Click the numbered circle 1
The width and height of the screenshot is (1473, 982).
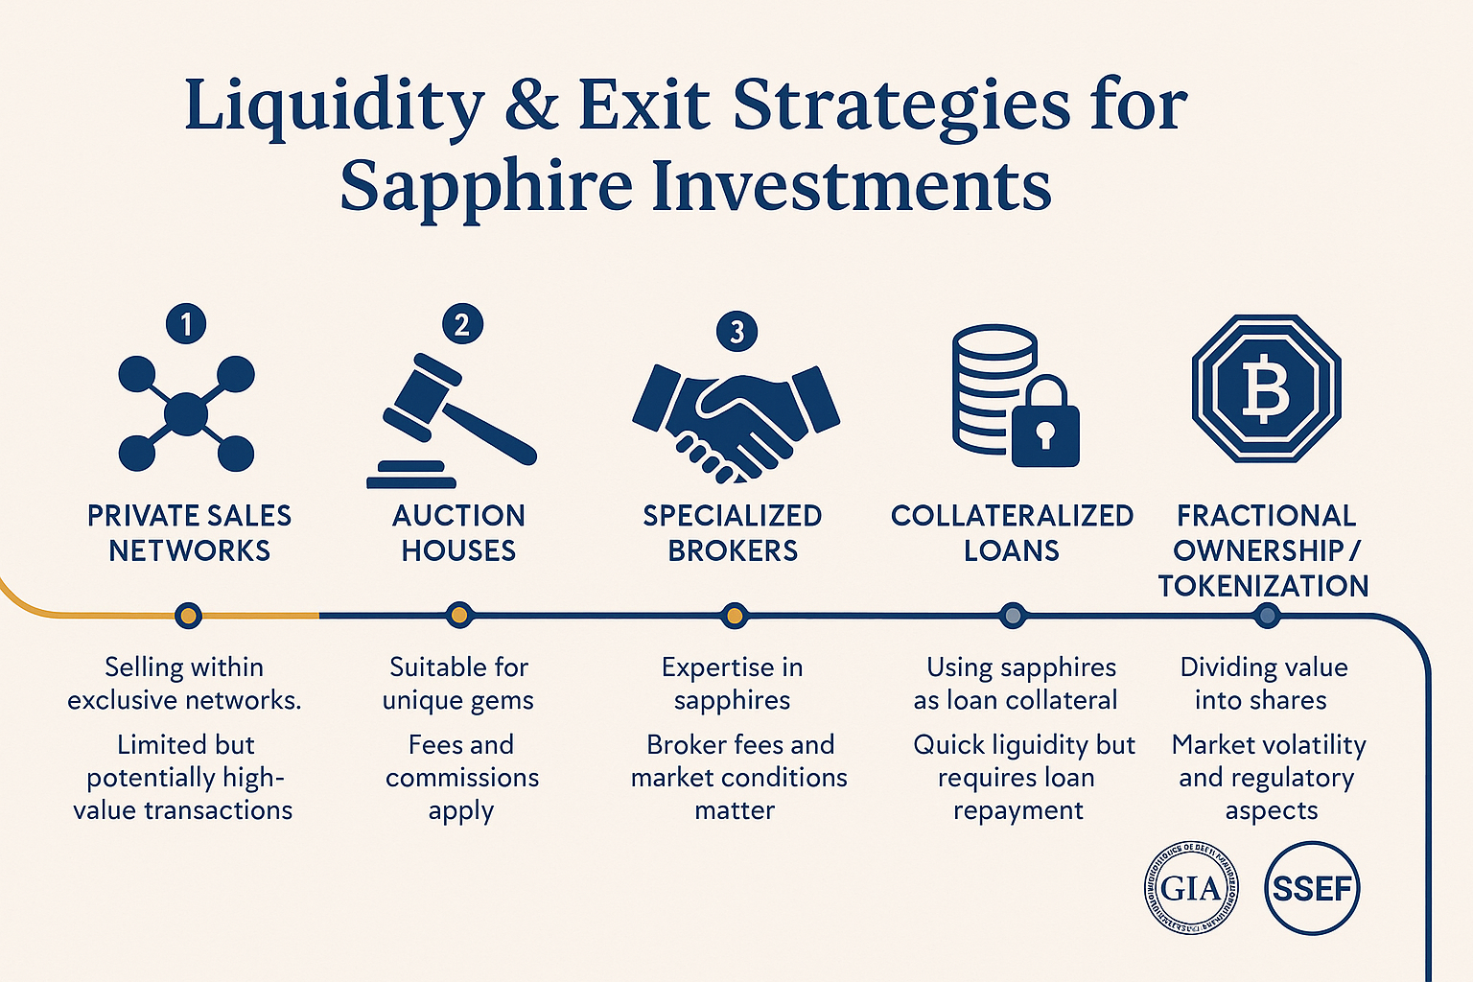pos(186,324)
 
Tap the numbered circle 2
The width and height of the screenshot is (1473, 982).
pos(462,324)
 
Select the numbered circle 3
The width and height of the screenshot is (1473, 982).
pos(736,332)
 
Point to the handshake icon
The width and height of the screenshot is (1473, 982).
pos(736,420)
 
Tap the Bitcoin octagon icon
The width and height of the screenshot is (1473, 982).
pos(1266,388)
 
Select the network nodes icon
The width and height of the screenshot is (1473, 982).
pos(186,414)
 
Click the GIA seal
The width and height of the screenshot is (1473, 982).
pos(1191,888)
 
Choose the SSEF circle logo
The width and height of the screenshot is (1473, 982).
pos(1312,888)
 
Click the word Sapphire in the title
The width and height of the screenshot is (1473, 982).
pos(485,186)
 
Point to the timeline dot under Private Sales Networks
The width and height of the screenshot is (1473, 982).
pos(189,616)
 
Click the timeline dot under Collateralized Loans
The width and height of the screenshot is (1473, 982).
pos(1012,616)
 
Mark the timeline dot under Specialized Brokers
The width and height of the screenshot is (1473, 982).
pos(735,616)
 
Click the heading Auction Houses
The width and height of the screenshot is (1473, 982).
pos(458,533)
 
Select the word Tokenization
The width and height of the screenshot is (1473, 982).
pos(1263,586)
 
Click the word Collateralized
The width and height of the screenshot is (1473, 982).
pos(1012,516)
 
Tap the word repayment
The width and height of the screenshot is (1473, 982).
pos(1017,810)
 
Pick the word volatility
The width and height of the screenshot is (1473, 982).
pos(1307,745)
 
